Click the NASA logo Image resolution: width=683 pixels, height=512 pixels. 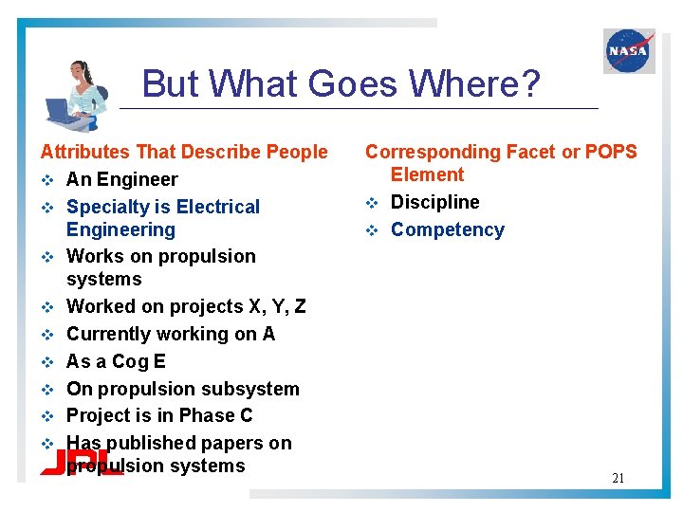[629, 50]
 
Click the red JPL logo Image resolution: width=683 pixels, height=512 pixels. [80, 464]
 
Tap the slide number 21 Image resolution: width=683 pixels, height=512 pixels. [618, 478]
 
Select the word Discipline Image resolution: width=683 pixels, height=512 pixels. [435, 202]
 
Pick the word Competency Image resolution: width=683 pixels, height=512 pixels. [448, 229]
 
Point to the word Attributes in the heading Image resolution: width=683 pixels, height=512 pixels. [85, 152]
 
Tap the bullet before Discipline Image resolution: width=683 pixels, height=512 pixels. [373, 203]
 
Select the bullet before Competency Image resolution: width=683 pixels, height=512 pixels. [373, 230]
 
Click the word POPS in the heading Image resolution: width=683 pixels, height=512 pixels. [611, 152]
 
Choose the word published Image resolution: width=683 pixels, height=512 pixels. [147, 443]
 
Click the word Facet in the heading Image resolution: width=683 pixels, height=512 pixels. [531, 152]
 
